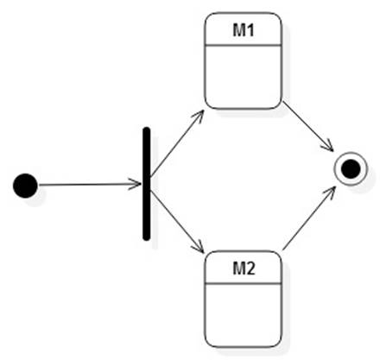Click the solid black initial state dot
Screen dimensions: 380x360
click(25, 186)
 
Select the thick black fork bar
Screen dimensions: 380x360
click(147, 184)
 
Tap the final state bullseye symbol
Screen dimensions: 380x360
click(351, 169)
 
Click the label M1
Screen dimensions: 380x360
click(244, 30)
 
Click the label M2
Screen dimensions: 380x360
click(244, 268)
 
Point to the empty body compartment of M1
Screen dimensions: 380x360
click(243, 77)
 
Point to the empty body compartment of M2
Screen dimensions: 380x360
click(243, 315)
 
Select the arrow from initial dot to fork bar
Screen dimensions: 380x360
click(90, 185)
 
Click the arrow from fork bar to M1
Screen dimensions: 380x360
click(177, 143)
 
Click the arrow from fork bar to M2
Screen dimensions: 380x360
click(177, 222)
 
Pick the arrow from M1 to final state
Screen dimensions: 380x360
click(308, 126)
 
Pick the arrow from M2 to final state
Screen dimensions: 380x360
click(309, 218)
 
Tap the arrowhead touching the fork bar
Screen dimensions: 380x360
click(136, 185)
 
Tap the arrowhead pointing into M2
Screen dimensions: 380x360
click(198, 247)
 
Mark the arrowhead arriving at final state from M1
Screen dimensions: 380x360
click(327, 146)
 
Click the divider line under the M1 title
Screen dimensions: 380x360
click(243, 46)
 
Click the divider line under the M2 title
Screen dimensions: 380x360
click(243, 284)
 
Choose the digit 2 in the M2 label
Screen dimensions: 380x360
click(250, 268)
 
